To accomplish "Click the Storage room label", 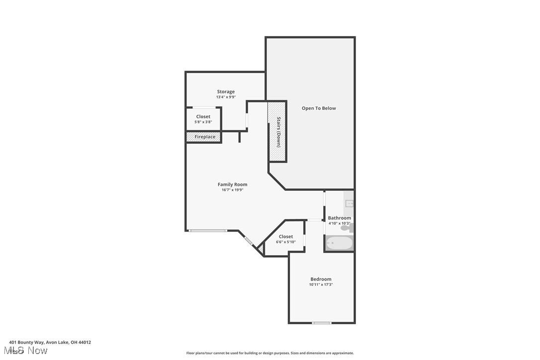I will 225,91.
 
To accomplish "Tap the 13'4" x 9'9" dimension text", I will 225,97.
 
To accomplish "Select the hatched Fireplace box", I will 204,137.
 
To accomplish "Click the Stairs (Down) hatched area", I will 277,132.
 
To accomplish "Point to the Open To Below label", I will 319,108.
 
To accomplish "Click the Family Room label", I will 232,184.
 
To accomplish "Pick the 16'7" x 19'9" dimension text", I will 234,190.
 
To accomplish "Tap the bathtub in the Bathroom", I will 339,244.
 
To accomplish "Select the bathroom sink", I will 350,203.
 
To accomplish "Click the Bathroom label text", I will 339,218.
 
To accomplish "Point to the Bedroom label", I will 321,279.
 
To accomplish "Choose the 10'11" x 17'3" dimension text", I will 321,285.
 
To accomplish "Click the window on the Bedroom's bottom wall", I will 322,323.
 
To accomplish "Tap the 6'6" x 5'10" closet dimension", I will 286,242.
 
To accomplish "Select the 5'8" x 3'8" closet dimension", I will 203,122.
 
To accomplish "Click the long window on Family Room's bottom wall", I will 208,230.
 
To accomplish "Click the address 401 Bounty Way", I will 50,342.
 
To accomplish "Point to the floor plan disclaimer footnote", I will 270,353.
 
